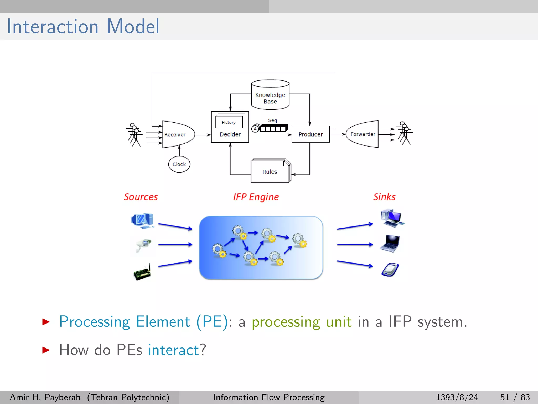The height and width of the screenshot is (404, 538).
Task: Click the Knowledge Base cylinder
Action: (270, 95)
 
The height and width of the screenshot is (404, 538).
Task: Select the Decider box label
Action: (230, 134)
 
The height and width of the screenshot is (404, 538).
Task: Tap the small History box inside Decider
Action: (229, 122)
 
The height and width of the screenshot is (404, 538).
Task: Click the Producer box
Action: (311, 134)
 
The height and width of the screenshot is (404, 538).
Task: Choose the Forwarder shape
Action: (363, 134)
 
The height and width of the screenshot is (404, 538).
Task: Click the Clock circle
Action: (179, 164)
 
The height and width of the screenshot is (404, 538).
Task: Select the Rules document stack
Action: (270, 171)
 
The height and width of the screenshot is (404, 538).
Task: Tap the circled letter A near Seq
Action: (255, 129)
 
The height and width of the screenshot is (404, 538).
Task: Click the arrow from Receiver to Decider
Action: (203, 135)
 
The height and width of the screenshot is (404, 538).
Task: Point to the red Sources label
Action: (141, 197)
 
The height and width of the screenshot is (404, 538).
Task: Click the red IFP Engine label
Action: (256, 197)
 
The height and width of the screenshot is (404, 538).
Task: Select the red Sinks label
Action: (384, 197)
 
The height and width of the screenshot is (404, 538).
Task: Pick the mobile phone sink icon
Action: (390, 270)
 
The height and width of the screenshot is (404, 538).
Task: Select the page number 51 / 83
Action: (515, 397)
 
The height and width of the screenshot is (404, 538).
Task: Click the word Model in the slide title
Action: (133, 27)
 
